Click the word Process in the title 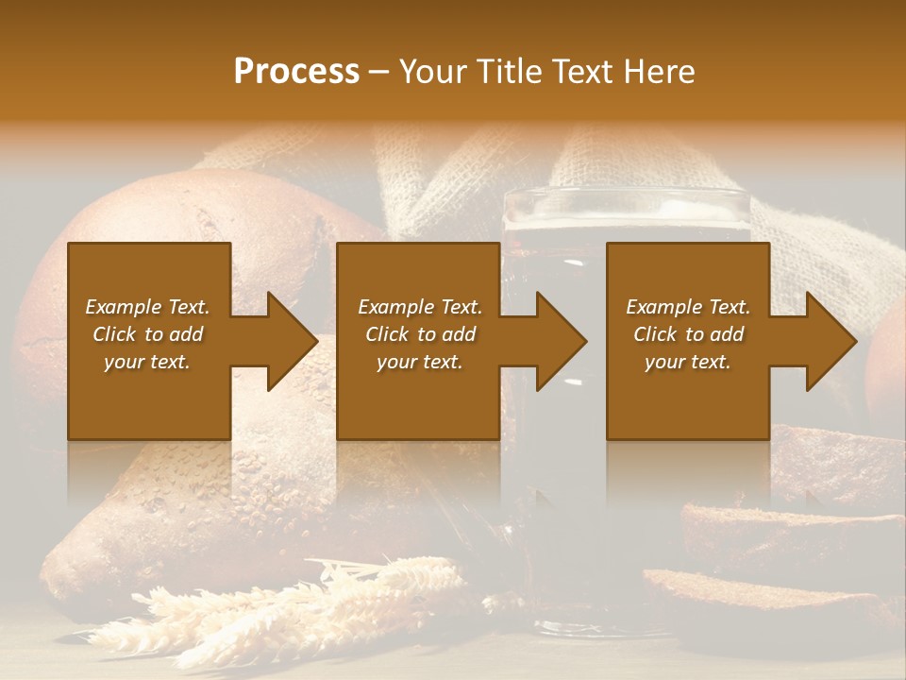(296, 72)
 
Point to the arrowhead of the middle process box (560, 341)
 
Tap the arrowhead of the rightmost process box (830, 341)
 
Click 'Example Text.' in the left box (147, 307)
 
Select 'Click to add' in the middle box (420, 334)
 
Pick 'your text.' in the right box (687, 362)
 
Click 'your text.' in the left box (147, 362)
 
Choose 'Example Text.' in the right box (688, 307)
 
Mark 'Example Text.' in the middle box (420, 307)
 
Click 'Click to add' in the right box (688, 334)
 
